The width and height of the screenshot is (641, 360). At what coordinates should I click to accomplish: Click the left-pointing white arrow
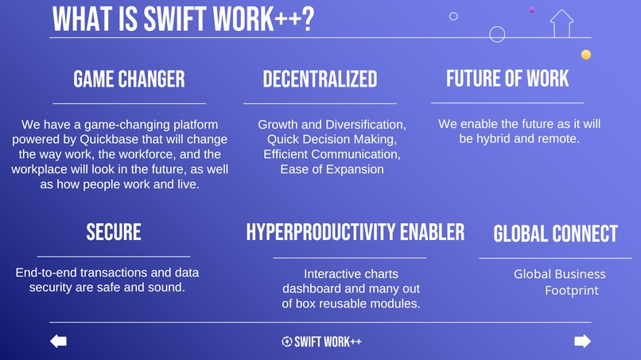point(58,341)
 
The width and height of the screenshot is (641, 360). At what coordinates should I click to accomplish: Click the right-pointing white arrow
point(582,341)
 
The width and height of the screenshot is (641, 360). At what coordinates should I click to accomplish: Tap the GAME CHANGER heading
point(129,79)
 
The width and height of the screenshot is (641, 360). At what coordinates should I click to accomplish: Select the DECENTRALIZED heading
point(320,79)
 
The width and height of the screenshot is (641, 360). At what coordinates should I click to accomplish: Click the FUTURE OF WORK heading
point(507,78)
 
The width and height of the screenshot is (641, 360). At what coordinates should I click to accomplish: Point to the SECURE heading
point(114,231)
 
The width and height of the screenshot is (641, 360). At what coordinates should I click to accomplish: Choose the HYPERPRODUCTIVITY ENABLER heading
point(355,231)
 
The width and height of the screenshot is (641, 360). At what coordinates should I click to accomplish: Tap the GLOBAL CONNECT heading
point(555,234)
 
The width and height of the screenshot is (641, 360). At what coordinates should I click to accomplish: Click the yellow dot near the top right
point(586,55)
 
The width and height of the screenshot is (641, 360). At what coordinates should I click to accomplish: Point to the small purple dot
point(531,10)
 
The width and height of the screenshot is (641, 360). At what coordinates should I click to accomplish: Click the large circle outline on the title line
point(497,34)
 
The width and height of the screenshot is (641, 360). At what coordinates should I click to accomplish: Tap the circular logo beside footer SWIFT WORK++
point(286,342)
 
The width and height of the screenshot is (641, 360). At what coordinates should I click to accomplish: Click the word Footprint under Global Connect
point(572,291)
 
